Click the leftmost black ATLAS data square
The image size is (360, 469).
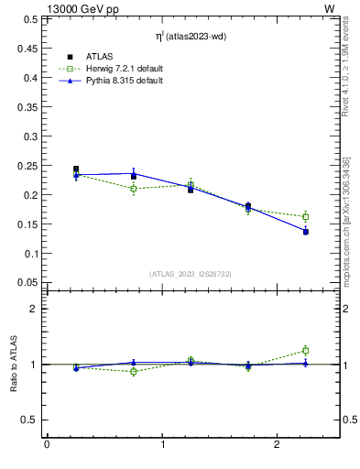pos(76,169)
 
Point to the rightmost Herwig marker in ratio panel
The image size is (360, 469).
pos(306,350)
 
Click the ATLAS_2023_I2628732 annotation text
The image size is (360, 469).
pos(191,274)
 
